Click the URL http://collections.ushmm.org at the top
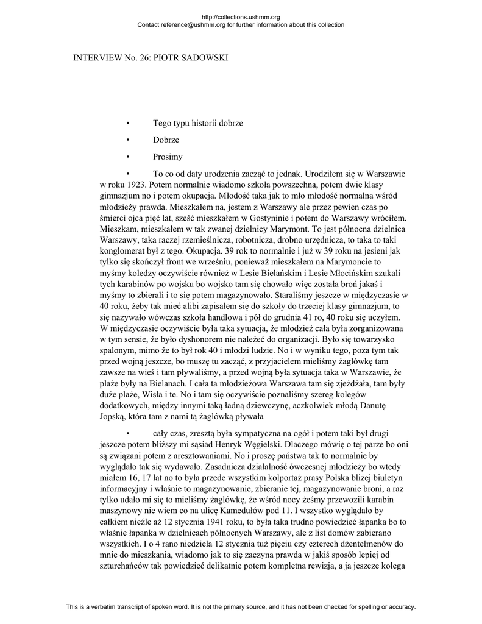tap(240, 17)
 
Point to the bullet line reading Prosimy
tap(168, 157)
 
